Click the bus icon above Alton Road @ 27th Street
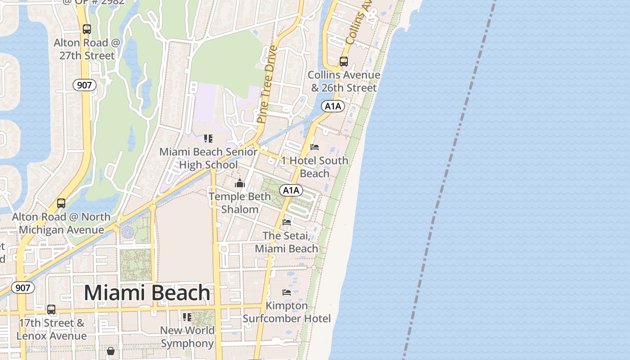pos(87,29)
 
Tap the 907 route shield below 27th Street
pos(85,85)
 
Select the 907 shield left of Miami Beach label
pos(22,288)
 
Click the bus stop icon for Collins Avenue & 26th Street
pos(344,62)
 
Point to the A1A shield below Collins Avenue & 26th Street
pos(333,106)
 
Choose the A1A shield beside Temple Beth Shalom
pos(291,190)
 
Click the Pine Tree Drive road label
pos(266,84)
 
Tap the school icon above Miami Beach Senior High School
pos(208,139)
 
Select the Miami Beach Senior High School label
pos(208,158)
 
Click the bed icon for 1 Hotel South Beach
pos(315,147)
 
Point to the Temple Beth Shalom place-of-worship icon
pos(239,183)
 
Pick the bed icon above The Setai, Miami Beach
pos(286,222)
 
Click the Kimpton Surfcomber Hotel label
pos(287,312)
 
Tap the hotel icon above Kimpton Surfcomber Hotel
pos(287,292)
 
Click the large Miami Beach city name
pos(147,293)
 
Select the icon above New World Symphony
pos(187,317)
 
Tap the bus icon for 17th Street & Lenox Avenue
pos(51,310)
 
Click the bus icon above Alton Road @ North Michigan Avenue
pos(61,203)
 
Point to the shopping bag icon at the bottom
pos(111,351)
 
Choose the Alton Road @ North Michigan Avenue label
pos(61,223)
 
